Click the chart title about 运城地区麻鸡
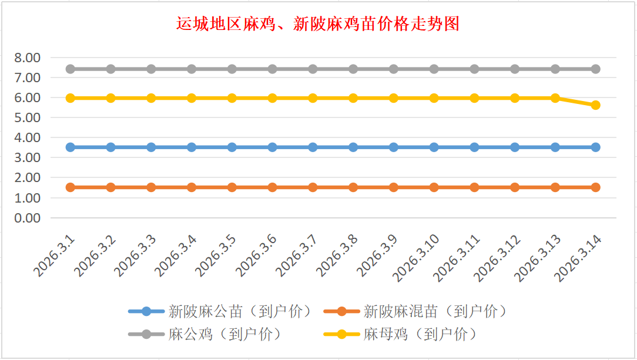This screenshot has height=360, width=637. pyautogui.click(x=318, y=24)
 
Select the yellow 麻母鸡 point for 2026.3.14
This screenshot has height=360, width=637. pyautogui.click(x=595, y=105)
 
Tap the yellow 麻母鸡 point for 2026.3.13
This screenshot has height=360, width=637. pyautogui.click(x=555, y=98)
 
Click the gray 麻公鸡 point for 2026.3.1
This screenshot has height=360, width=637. pyautogui.click(x=70, y=69)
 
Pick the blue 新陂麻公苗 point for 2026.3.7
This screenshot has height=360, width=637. pyautogui.click(x=313, y=147)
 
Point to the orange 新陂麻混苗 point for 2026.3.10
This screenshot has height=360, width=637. pyautogui.click(x=434, y=187)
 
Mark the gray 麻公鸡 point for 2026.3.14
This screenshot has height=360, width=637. pyautogui.click(x=595, y=69)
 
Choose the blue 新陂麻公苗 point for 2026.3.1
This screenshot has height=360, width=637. pyautogui.click(x=70, y=147)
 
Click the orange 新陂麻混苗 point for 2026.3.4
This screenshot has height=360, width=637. pyautogui.click(x=192, y=187)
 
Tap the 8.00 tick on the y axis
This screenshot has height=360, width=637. pyautogui.click(x=28, y=58)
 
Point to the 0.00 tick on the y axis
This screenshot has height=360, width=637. pyautogui.click(x=28, y=218)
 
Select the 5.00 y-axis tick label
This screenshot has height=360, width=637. pyautogui.click(x=28, y=117)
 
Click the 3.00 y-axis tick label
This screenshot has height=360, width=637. pyautogui.click(x=28, y=157)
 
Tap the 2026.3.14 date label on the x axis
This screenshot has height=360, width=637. pyautogui.click(x=578, y=257)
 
